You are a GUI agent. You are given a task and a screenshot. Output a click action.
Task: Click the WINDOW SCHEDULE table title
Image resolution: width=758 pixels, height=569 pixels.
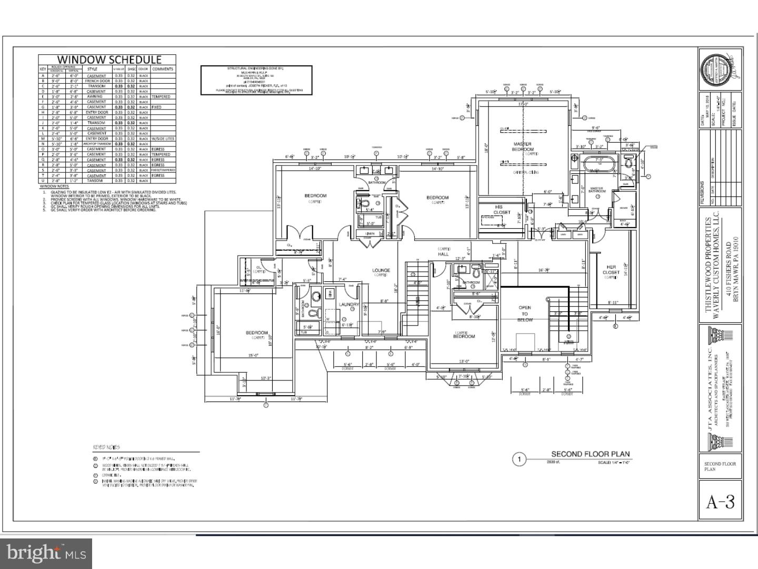[108, 60]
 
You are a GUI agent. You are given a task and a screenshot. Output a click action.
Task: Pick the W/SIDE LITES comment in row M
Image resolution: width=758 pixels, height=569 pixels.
[163, 139]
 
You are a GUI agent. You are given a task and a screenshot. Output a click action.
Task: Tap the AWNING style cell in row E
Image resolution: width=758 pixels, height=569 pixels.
[96, 97]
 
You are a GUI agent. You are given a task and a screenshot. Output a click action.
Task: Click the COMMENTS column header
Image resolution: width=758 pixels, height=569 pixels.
[163, 69]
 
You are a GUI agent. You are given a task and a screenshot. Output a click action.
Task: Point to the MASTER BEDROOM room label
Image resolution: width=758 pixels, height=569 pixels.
[522, 146]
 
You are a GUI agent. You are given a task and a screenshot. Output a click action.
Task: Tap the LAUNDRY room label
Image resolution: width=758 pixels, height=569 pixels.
[349, 305]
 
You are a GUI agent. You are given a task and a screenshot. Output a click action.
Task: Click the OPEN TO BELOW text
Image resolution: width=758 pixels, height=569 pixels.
[525, 313]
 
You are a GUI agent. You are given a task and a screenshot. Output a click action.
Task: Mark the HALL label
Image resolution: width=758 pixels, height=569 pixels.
[443, 254]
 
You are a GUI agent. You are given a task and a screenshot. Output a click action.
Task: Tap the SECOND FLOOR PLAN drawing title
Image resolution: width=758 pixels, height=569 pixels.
[590, 454]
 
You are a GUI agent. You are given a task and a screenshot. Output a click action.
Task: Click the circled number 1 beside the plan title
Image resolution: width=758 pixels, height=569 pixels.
[520, 459]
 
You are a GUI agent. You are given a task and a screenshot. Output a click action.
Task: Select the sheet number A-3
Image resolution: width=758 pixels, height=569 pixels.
[720, 502]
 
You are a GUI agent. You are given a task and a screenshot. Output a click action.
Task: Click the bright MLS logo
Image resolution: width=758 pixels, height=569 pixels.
[46, 553]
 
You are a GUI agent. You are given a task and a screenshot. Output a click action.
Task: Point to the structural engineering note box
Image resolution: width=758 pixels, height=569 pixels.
[256, 80]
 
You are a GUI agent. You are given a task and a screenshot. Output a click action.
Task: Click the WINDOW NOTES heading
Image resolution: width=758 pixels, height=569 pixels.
[54, 187]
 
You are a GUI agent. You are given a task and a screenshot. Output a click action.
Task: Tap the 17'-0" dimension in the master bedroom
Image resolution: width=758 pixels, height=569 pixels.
[522, 104]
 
